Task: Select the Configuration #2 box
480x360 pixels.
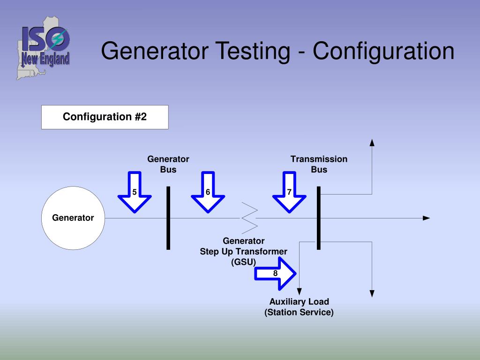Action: click(105, 117)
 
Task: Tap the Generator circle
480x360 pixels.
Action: click(73, 218)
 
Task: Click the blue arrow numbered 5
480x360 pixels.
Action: click(135, 192)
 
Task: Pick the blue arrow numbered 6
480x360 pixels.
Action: click(208, 192)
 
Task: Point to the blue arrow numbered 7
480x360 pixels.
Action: click(289, 192)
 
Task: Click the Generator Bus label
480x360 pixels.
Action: click(168, 164)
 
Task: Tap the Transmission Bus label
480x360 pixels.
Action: click(319, 164)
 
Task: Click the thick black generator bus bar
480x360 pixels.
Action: click(168, 218)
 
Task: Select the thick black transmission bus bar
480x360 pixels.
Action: click(319, 218)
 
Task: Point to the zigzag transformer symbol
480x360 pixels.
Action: click(249, 218)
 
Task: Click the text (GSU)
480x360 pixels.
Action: click(243, 262)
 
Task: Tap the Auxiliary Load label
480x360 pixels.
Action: click(299, 301)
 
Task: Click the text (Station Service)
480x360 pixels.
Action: click(299, 312)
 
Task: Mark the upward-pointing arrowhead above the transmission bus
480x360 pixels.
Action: click(372, 143)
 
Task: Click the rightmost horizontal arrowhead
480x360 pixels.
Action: click(426, 218)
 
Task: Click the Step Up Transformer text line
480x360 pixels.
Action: click(243, 251)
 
